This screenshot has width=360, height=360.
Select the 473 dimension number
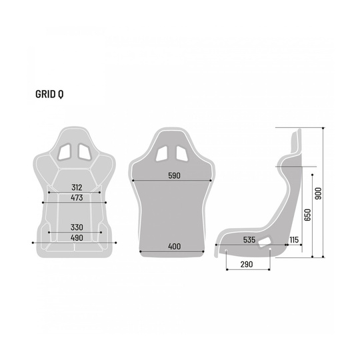coord(77,197)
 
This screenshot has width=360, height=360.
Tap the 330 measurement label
coord(77,227)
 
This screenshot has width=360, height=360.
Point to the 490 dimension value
coord(77,238)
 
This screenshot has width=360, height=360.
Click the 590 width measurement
coord(173,175)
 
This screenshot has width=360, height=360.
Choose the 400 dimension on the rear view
coord(174,247)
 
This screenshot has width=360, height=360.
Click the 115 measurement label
coord(294,239)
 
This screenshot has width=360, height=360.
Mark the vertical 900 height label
coord(319,193)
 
